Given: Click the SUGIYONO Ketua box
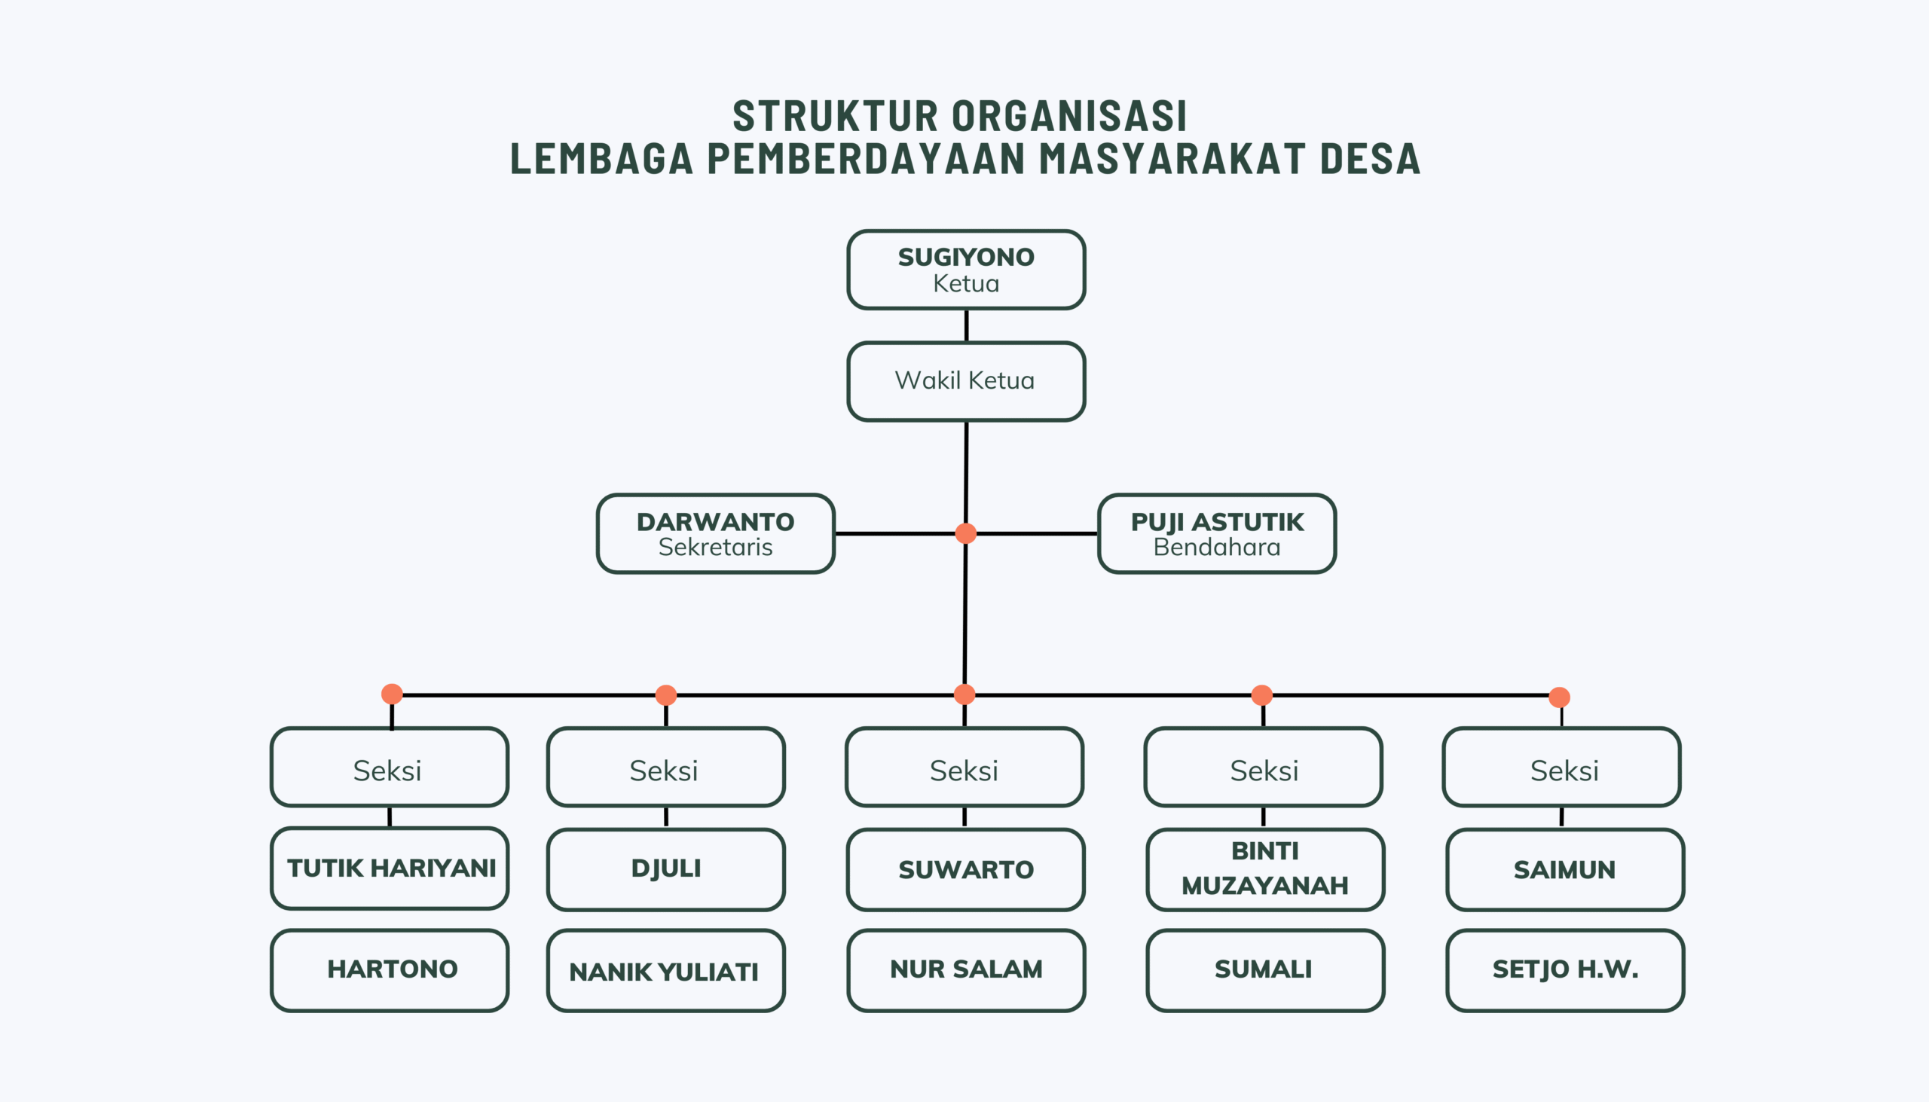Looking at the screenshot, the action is (x=966, y=270).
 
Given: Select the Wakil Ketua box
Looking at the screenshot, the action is (x=966, y=380).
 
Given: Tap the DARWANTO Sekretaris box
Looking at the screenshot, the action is (x=715, y=533).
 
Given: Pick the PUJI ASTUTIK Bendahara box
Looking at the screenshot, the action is (x=1217, y=533).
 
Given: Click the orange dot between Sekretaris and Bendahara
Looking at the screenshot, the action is (x=965, y=533).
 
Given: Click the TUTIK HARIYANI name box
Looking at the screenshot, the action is (x=389, y=868).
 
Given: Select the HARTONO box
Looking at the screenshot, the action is (x=389, y=970).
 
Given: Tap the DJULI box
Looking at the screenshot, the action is (x=665, y=869).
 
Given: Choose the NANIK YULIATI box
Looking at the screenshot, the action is (x=665, y=970).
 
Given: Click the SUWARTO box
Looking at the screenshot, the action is (x=966, y=869).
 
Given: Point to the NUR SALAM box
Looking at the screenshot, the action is (x=966, y=970).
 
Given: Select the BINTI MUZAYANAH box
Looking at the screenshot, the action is (x=1265, y=869).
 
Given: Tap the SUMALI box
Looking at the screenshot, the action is (x=1265, y=970).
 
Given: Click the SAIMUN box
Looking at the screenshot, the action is (x=1565, y=869).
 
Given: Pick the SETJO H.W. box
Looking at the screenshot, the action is (x=1565, y=970).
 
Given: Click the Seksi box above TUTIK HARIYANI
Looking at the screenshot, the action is (x=389, y=767).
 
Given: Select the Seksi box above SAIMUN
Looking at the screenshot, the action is (x=1562, y=767).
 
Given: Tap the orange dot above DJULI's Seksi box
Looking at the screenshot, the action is (x=665, y=694).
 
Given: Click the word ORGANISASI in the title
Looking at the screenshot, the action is (x=1069, y=116).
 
